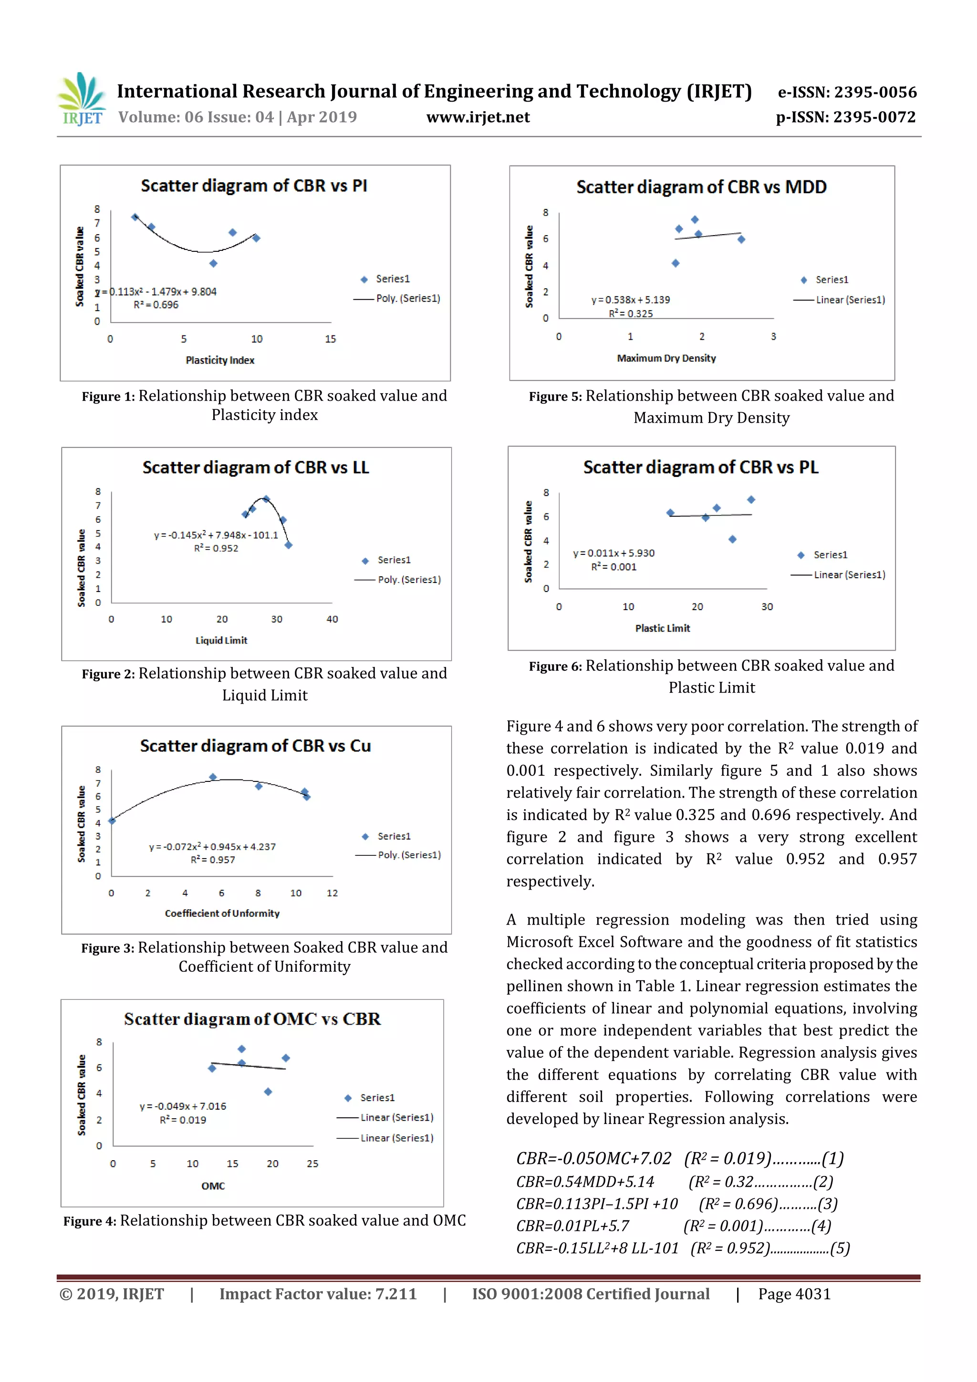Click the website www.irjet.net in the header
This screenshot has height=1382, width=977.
coord(478,117)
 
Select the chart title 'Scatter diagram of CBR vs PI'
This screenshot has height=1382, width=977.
coord(254,186)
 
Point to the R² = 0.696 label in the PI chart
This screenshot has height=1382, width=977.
coord(156,304)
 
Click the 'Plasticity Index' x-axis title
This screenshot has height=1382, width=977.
coord(220,360)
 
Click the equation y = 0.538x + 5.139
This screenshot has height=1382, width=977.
coord(630,300)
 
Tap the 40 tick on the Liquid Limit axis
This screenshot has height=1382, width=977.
coord(333,619)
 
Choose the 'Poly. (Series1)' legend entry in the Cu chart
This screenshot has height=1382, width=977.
coord(409,855)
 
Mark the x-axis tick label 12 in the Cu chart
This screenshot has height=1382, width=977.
coord(333,893)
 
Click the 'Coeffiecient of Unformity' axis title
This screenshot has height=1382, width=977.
coord(222,913)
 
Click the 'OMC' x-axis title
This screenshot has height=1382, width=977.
coord(213,1186)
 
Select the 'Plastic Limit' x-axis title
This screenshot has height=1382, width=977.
coord(662,628)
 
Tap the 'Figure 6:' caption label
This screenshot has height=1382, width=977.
coord(555,666)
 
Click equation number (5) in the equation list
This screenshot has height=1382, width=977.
coord(840,1248)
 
